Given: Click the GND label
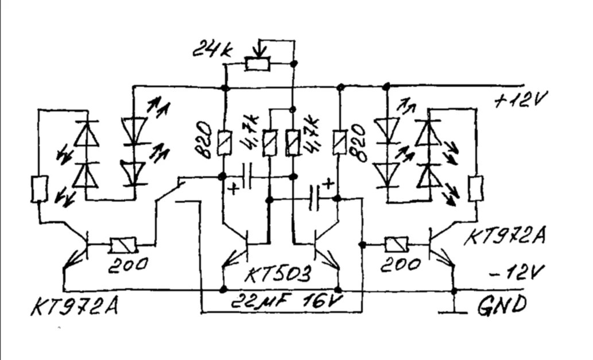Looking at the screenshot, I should [501, 305].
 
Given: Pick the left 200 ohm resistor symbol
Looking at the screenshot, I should [122, 246].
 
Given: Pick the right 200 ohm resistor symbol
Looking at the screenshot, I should [396, 245].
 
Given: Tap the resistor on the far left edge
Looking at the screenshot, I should [38, 190].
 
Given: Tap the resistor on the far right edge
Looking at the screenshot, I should [476, 188].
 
